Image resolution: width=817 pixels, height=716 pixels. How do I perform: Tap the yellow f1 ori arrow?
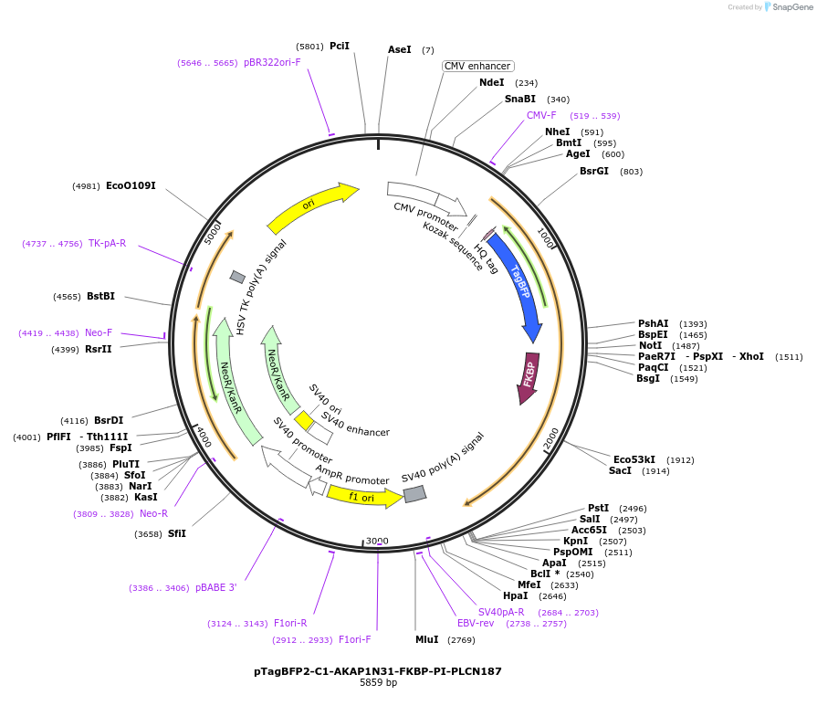(363, 496)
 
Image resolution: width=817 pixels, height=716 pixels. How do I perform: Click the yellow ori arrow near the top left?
(310, 206)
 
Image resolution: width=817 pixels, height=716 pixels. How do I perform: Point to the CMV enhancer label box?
(478, 66)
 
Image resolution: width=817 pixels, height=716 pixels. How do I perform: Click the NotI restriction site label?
(651, 345)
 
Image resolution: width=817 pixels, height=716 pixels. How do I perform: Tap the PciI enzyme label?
(340, 46)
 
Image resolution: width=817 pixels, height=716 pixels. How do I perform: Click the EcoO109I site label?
(131, 185)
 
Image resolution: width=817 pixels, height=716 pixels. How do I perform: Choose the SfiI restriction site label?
(177, 533)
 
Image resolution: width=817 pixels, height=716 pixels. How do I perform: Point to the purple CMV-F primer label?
(541, 115)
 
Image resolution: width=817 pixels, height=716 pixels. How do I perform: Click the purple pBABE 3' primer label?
(215, 587)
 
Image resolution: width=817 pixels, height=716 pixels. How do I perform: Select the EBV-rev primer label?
(476, 623)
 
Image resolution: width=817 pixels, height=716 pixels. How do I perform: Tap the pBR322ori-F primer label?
(272, 62)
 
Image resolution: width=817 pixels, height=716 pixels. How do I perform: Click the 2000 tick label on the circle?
(550, 439)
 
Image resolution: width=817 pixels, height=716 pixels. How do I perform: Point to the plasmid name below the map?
(378, 670)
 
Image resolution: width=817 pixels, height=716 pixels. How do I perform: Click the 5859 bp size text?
(378, 683)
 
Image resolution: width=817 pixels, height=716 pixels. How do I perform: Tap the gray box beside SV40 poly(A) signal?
(414, 493)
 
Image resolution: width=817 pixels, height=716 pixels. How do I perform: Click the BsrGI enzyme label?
(593, 171)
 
